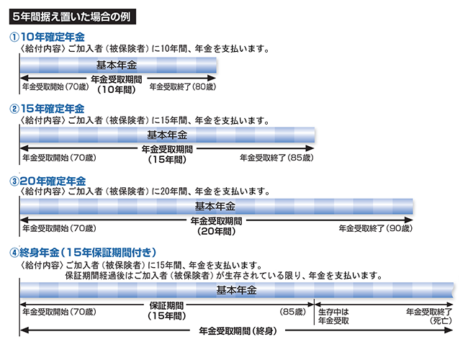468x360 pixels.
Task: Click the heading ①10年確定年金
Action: coord(47,37)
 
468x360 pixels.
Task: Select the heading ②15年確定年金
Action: coord(47,109)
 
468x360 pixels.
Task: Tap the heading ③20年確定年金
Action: coord(48,181)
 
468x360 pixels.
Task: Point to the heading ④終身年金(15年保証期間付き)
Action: coord(83,253)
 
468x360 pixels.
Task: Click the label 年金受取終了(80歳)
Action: coord(183,87)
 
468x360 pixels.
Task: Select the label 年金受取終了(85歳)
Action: coord(276,158)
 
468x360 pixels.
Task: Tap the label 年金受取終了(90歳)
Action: coord(375,228)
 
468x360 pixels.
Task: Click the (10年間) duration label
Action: coord(117,89)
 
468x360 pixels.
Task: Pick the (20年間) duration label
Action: coord(217,231)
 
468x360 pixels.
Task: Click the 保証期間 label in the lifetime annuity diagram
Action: coord(166,305)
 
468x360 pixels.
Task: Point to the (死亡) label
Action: coord(441,321)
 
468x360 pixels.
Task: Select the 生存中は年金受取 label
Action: coord(333,316)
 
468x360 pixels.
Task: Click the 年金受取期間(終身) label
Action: coord(238,330)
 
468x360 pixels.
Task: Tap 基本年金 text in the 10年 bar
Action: coord(117,65)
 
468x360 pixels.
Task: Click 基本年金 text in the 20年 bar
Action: coord(215,206)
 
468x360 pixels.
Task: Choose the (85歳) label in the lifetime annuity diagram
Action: coord(293,312)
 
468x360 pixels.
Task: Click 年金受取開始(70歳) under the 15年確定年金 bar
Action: coord(59,158)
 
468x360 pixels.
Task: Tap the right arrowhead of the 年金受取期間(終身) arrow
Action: coord(449,330)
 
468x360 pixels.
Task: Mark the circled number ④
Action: coord(14,253)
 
